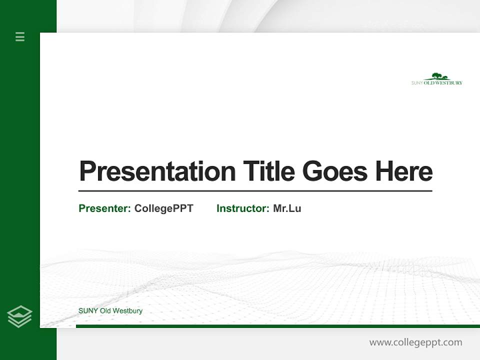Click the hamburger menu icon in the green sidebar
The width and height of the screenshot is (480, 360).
tap(20, 36)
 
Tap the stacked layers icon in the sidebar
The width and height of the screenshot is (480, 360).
tap(19, 316)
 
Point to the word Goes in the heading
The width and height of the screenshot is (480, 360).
tap(335, 171)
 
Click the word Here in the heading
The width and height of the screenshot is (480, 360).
tap(403, 171)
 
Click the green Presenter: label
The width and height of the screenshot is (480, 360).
tap(105, 208)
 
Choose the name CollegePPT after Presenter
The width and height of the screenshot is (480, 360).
tap(163, 208)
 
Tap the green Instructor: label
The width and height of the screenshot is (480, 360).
tap(243, 208)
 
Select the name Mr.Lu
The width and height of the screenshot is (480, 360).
tap(287, 208)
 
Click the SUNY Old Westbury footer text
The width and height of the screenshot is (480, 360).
tap(110, 311)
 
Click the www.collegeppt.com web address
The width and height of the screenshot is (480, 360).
tap(415, 342)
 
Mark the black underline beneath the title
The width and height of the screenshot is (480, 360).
tap(255, 190)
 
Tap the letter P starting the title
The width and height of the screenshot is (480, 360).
tap(87, 171)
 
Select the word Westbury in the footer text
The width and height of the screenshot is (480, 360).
tap(127, 311)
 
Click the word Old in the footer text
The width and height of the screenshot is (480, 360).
tap(105, 311)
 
